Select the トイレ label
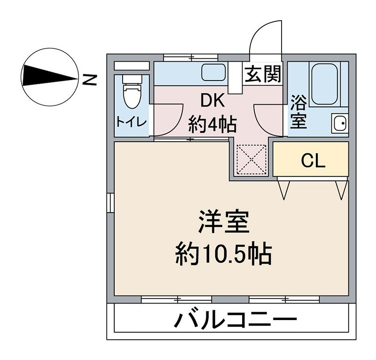[x=132, y=121]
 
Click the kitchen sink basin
[x=213, y=72]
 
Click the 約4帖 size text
[x=212, y=125]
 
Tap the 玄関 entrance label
[x=263, y=74]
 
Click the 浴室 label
[x=298, y=112]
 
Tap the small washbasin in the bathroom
[x=339, y=124]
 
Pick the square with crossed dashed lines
[x=251, y=160]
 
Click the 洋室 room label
[x=223, y=223]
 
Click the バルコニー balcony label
[x=235, y=321]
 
